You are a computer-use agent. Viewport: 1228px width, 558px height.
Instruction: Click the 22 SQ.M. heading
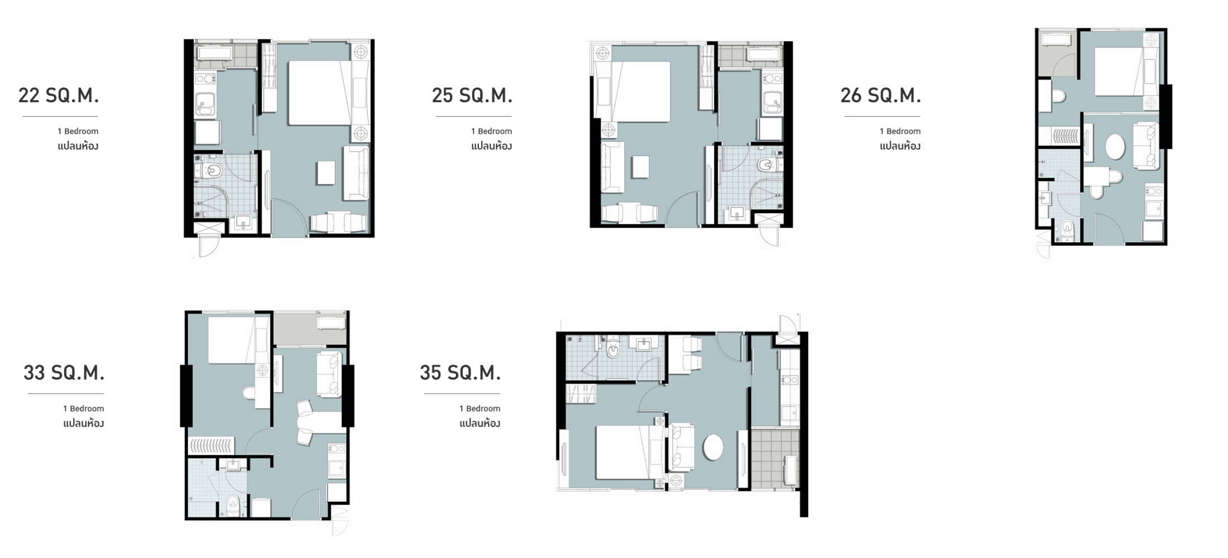point(59,95)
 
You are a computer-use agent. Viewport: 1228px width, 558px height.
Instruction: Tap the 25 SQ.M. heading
point(472,95)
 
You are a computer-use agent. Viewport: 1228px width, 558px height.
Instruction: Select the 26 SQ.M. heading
point(881,95)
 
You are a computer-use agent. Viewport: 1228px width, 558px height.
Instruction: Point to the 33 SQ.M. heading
point(64,373)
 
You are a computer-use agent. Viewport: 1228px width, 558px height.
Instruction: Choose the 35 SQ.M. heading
point(461,373)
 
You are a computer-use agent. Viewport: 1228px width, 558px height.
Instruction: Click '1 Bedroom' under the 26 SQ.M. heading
point(900,131)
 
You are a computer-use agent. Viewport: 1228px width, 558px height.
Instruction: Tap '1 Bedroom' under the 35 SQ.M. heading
point(480,408)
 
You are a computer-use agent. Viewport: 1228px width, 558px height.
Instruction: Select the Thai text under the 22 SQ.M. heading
point(78,146)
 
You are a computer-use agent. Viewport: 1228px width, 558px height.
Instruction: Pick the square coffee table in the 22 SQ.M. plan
point(326,172)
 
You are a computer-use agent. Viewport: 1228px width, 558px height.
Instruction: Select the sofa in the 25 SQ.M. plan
point(613,167)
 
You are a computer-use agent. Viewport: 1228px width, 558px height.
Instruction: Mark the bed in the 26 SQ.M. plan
point(1119,71)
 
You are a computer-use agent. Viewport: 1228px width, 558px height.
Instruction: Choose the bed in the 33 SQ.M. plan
point(232,339)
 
